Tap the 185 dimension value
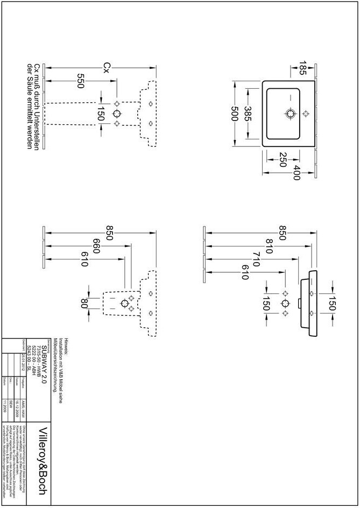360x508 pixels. [x=303, y=68]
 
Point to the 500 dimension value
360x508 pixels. [x=234, y=114]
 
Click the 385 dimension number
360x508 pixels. [x=248, y=114]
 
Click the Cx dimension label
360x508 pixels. [x=107, y=67]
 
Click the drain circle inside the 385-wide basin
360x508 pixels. [x=291, y=114]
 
